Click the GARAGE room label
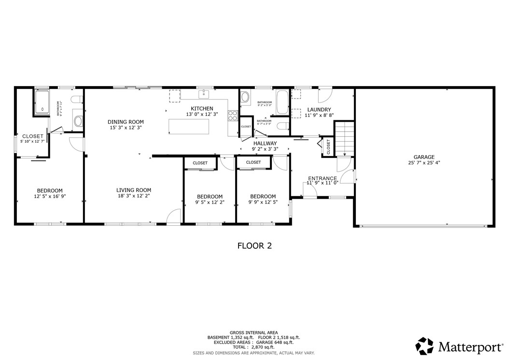click(x=424, y=157)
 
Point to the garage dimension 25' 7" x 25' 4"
click(x=424, y=163)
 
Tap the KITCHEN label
click(x=202, y=108)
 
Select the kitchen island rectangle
click(x=189, y=126)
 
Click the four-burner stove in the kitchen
click(x=233, y=115)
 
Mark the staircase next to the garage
click(x=344, y=138)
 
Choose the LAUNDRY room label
click(x=319, y=110)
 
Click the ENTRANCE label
click(x=322, y=178)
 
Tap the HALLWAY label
click(x=265, y=144)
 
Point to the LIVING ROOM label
click(x=133, y=190)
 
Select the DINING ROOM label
click(x=126, y=122)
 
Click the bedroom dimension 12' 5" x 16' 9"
click(x=50, y=197)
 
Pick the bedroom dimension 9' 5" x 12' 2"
click(x=210, y=202)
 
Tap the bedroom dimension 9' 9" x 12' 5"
click(x=263, y=202)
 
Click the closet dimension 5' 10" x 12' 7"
click(x=32, y=142)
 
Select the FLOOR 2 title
click(x=254, y=245)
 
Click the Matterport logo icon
click(x=425, y=346)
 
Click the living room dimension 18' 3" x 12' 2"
click(x=133, y=196)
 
